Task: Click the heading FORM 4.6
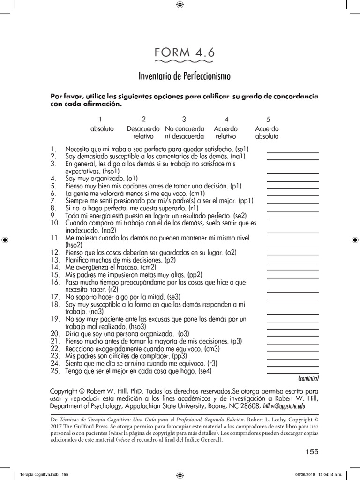pos(184,53)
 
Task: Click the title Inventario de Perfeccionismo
pos(184,75)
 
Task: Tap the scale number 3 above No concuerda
pos(184,119)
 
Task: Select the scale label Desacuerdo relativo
pos(143,133)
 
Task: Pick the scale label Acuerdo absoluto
pos(267,133)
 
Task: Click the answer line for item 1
pos(292,152)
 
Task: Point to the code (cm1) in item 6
pos(196,193)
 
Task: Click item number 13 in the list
pos(55,260)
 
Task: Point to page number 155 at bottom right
pos(311,452)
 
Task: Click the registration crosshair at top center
pos(180,5)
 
